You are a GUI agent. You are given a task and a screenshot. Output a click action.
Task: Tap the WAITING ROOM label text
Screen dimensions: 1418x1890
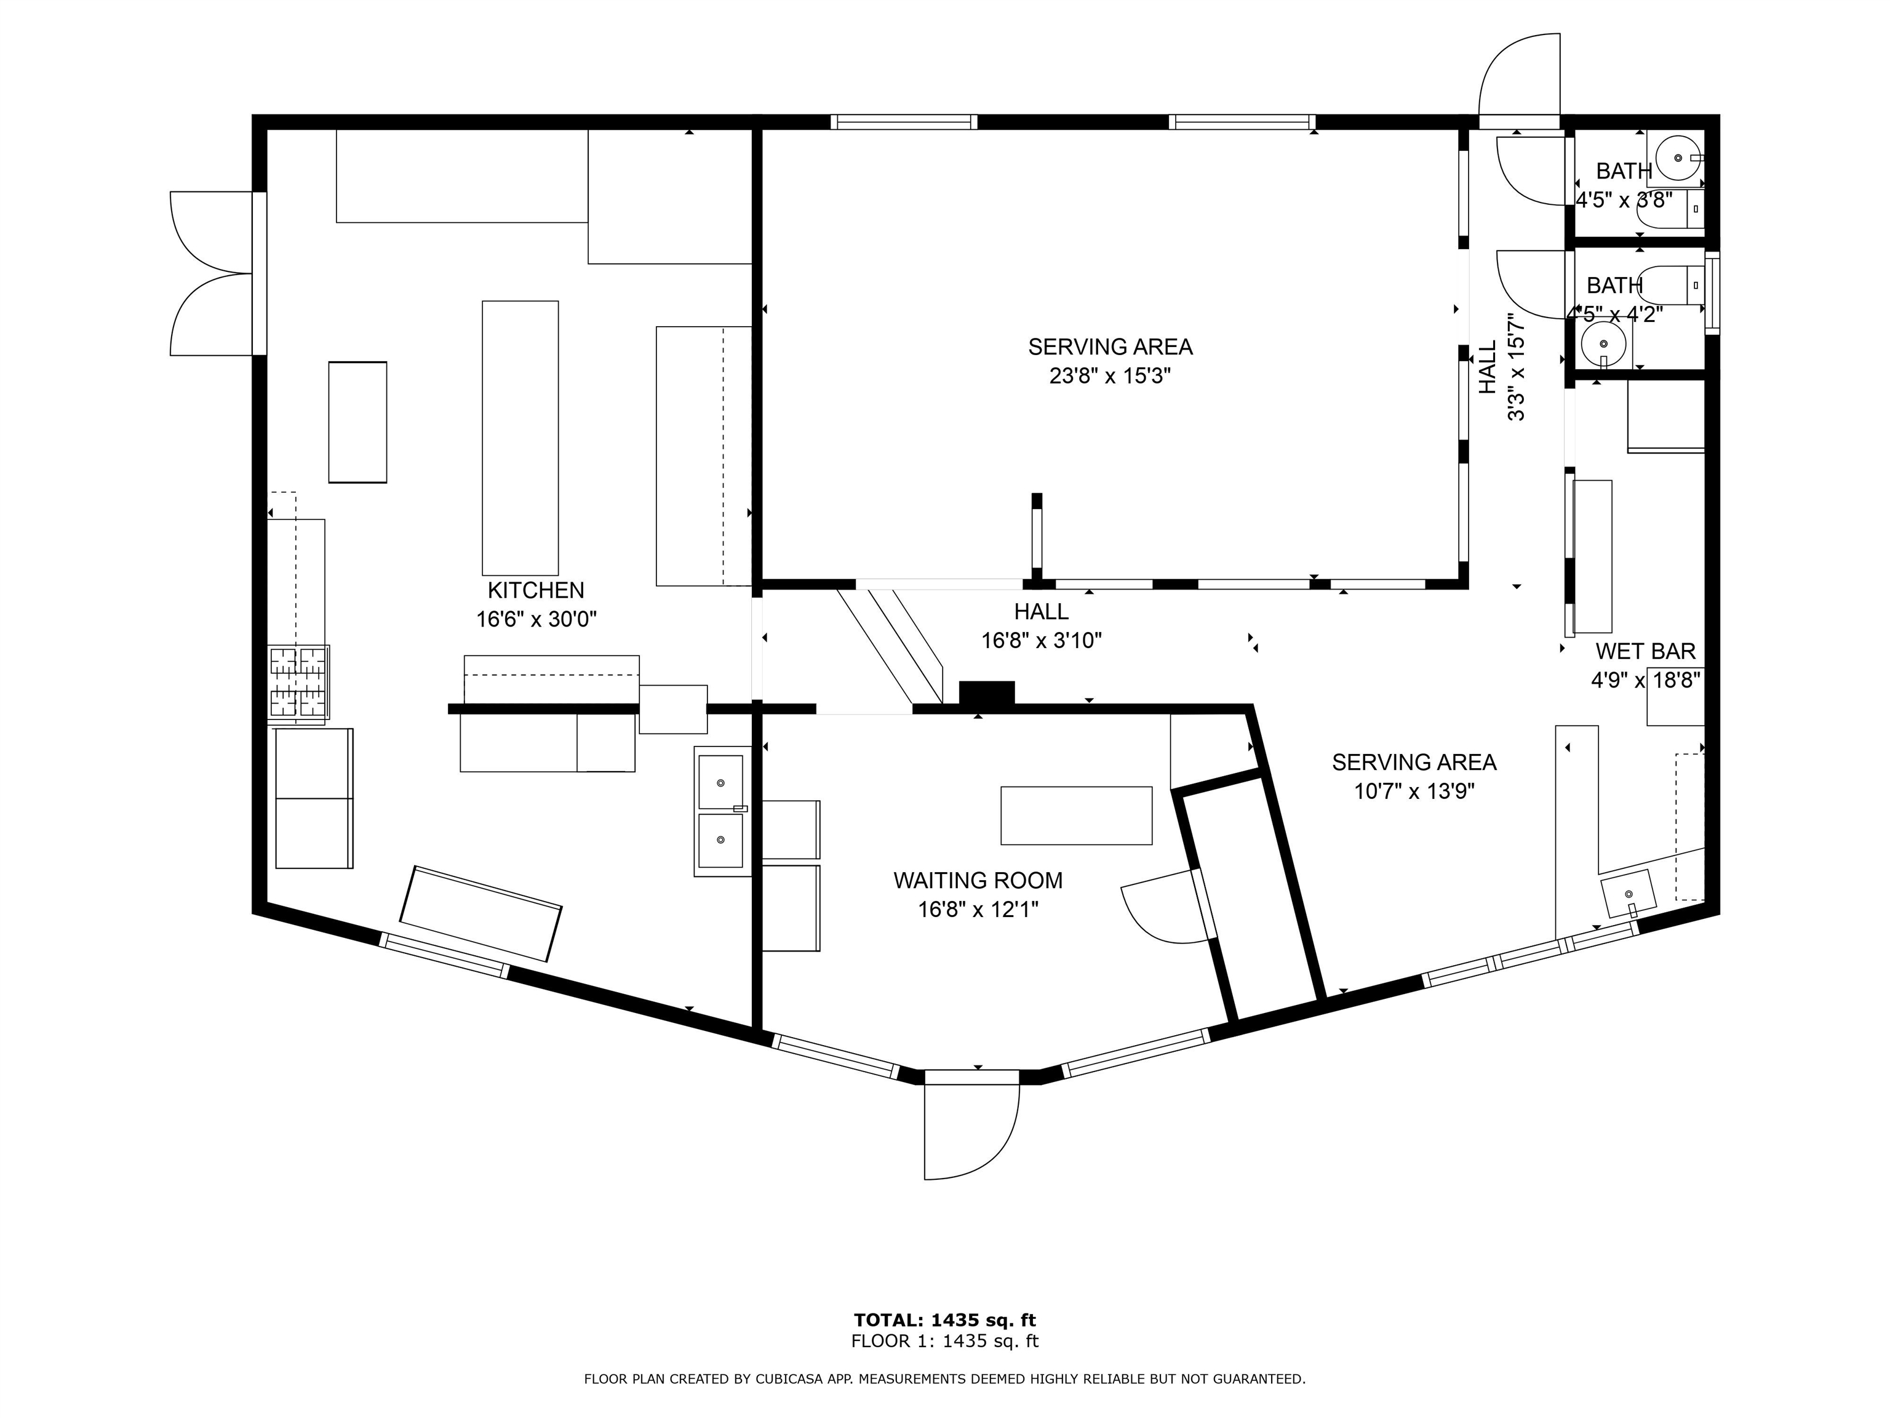pos(978,880)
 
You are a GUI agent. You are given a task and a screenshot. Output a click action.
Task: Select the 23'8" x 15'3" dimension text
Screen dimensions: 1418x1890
pos(1109,376)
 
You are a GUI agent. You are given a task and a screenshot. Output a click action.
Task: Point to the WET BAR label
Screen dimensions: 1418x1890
pos(1645,651)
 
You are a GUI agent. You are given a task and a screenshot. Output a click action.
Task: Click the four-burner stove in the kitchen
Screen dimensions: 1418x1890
pos(299,682)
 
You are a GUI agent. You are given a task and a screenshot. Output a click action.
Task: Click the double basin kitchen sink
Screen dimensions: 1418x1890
pos(720,811)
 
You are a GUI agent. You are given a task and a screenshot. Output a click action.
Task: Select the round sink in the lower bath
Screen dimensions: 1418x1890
pos(1603,343)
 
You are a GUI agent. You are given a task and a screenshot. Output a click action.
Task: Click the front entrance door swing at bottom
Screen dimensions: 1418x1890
pos(970,1128)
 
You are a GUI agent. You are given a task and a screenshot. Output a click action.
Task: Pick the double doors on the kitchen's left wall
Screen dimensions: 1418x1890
pos(213,273)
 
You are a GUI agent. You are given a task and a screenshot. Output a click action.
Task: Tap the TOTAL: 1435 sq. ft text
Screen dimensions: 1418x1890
pos(944,1321)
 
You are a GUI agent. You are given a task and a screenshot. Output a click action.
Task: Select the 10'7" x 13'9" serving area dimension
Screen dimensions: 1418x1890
pos(1414,791)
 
